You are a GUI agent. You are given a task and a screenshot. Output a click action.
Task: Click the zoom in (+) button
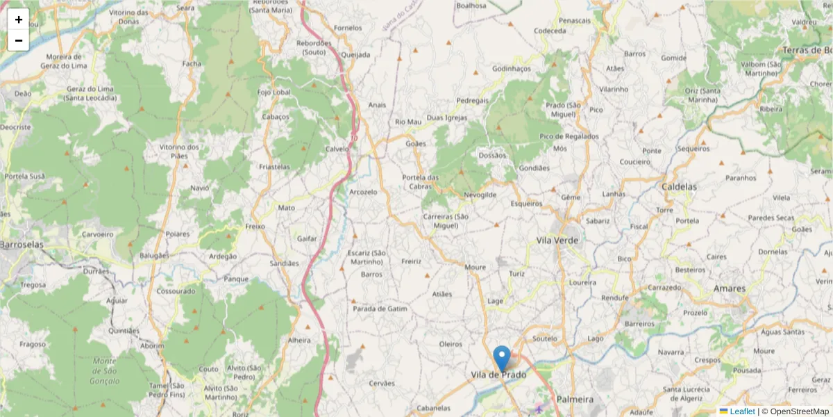pyautogui.click(x=18, y=19)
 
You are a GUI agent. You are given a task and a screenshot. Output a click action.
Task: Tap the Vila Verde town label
pyautogui.click(x=557, y=240)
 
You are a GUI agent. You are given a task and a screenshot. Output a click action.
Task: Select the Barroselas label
pyautogui.click(x=22, y=245)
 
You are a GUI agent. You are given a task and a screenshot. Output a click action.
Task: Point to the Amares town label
pyautogui.click(x=730, y=288)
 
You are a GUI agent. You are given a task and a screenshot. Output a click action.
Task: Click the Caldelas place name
pyautogui.click(x=679, y=188)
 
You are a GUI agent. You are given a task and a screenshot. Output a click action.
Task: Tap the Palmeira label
pyautogui.click(x=575, y=400)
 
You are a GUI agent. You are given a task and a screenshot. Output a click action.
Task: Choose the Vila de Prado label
pyautogui.click(x=498, y=375)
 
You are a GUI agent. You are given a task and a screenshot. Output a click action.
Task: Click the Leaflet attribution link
pyautogui.click(x=741, y=411)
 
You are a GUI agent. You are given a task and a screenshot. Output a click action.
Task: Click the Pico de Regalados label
pyautogui.click(x=569, y=137)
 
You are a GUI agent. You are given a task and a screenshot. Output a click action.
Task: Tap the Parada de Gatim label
pyautogui.click(x=380, y=308)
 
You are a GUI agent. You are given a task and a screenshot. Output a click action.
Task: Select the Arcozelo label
pyautogui.click(x=363, y=192)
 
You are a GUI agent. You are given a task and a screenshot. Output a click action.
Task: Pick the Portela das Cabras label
pyautogui.click(x=421, y=181)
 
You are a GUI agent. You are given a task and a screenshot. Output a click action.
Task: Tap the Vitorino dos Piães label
pyautogui.click(x=179, y=151)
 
